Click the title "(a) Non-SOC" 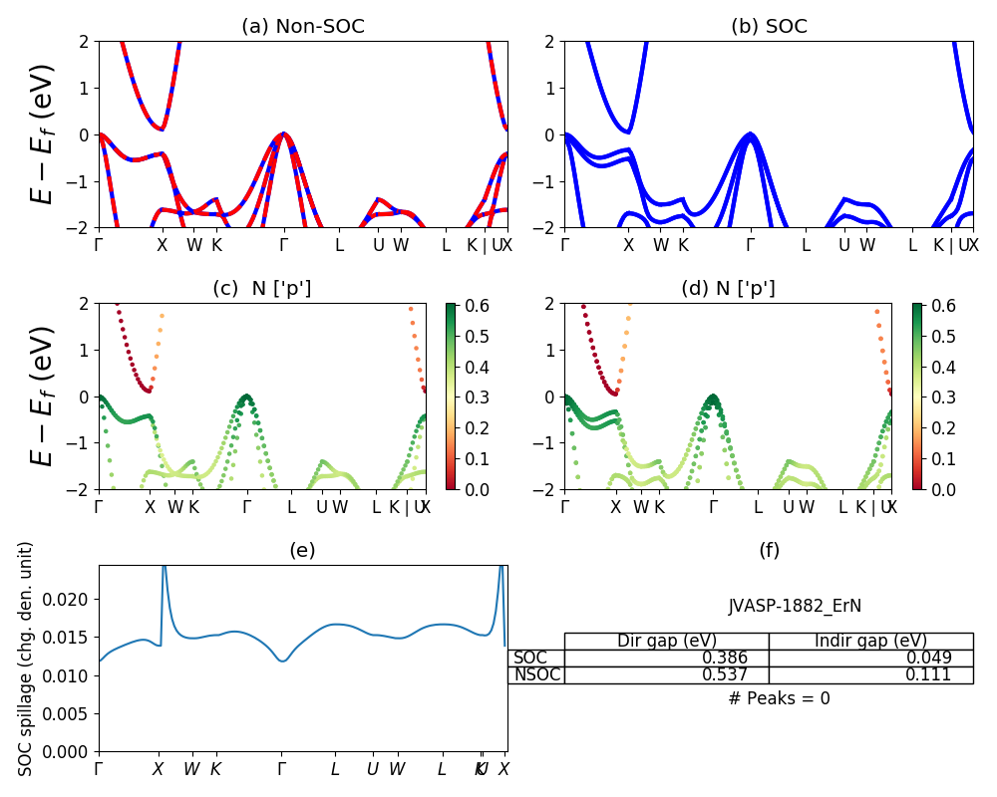[x=303, y=27]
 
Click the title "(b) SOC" [x=769, y=27]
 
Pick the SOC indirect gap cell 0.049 [x=928, y=658]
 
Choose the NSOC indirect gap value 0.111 [x=928, y=674]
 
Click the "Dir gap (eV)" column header [x=666, y=641]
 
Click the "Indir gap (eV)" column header [x=870, y=641]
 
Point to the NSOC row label [x=536, y=674]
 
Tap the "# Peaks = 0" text [x=779, y=698]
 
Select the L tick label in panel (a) [x=339, y=245]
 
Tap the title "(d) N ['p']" [x=728, y=289]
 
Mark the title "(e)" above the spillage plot [x=302, y=551]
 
